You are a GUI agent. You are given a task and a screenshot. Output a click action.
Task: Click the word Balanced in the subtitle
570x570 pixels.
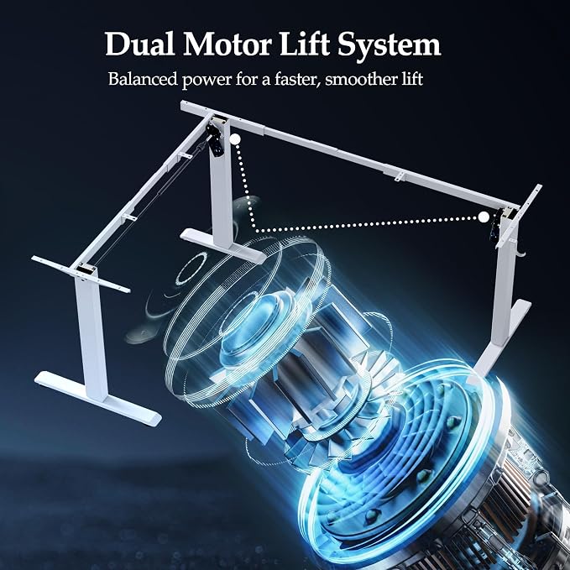pos(143,79)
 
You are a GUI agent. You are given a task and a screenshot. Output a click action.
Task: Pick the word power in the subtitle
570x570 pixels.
pos(207,81)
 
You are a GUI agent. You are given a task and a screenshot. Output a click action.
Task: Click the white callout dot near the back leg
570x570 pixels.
pos(235,139)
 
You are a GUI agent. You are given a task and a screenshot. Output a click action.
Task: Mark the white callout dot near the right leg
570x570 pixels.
pos(484,217)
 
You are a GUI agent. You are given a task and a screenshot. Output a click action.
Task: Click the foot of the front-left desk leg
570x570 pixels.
pos(98,398)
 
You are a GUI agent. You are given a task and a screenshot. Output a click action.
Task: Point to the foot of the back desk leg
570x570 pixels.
pos(222,244)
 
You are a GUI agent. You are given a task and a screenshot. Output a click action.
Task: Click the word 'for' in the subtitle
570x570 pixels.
pos(248,79)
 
